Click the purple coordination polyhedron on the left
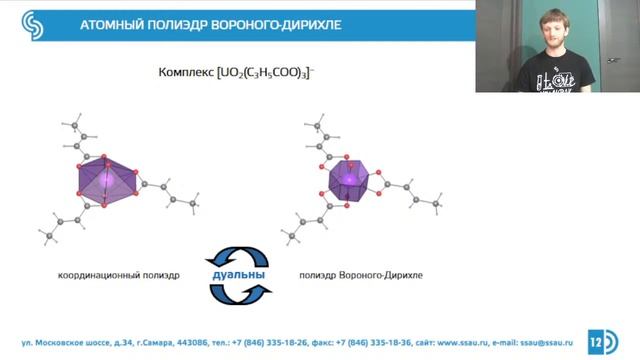104,181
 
